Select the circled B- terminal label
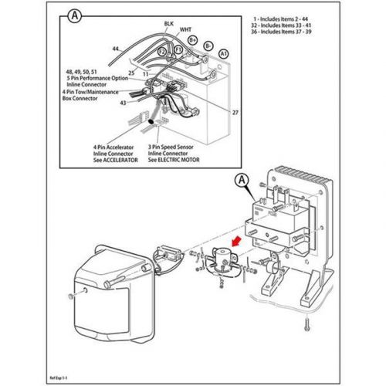click(208, 46)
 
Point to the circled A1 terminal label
click(222, 53)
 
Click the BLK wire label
click(168, 24)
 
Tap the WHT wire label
click(185, 30)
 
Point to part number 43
click(122, 103)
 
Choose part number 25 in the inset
click(132, 73)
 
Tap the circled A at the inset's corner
click(73, 15)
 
